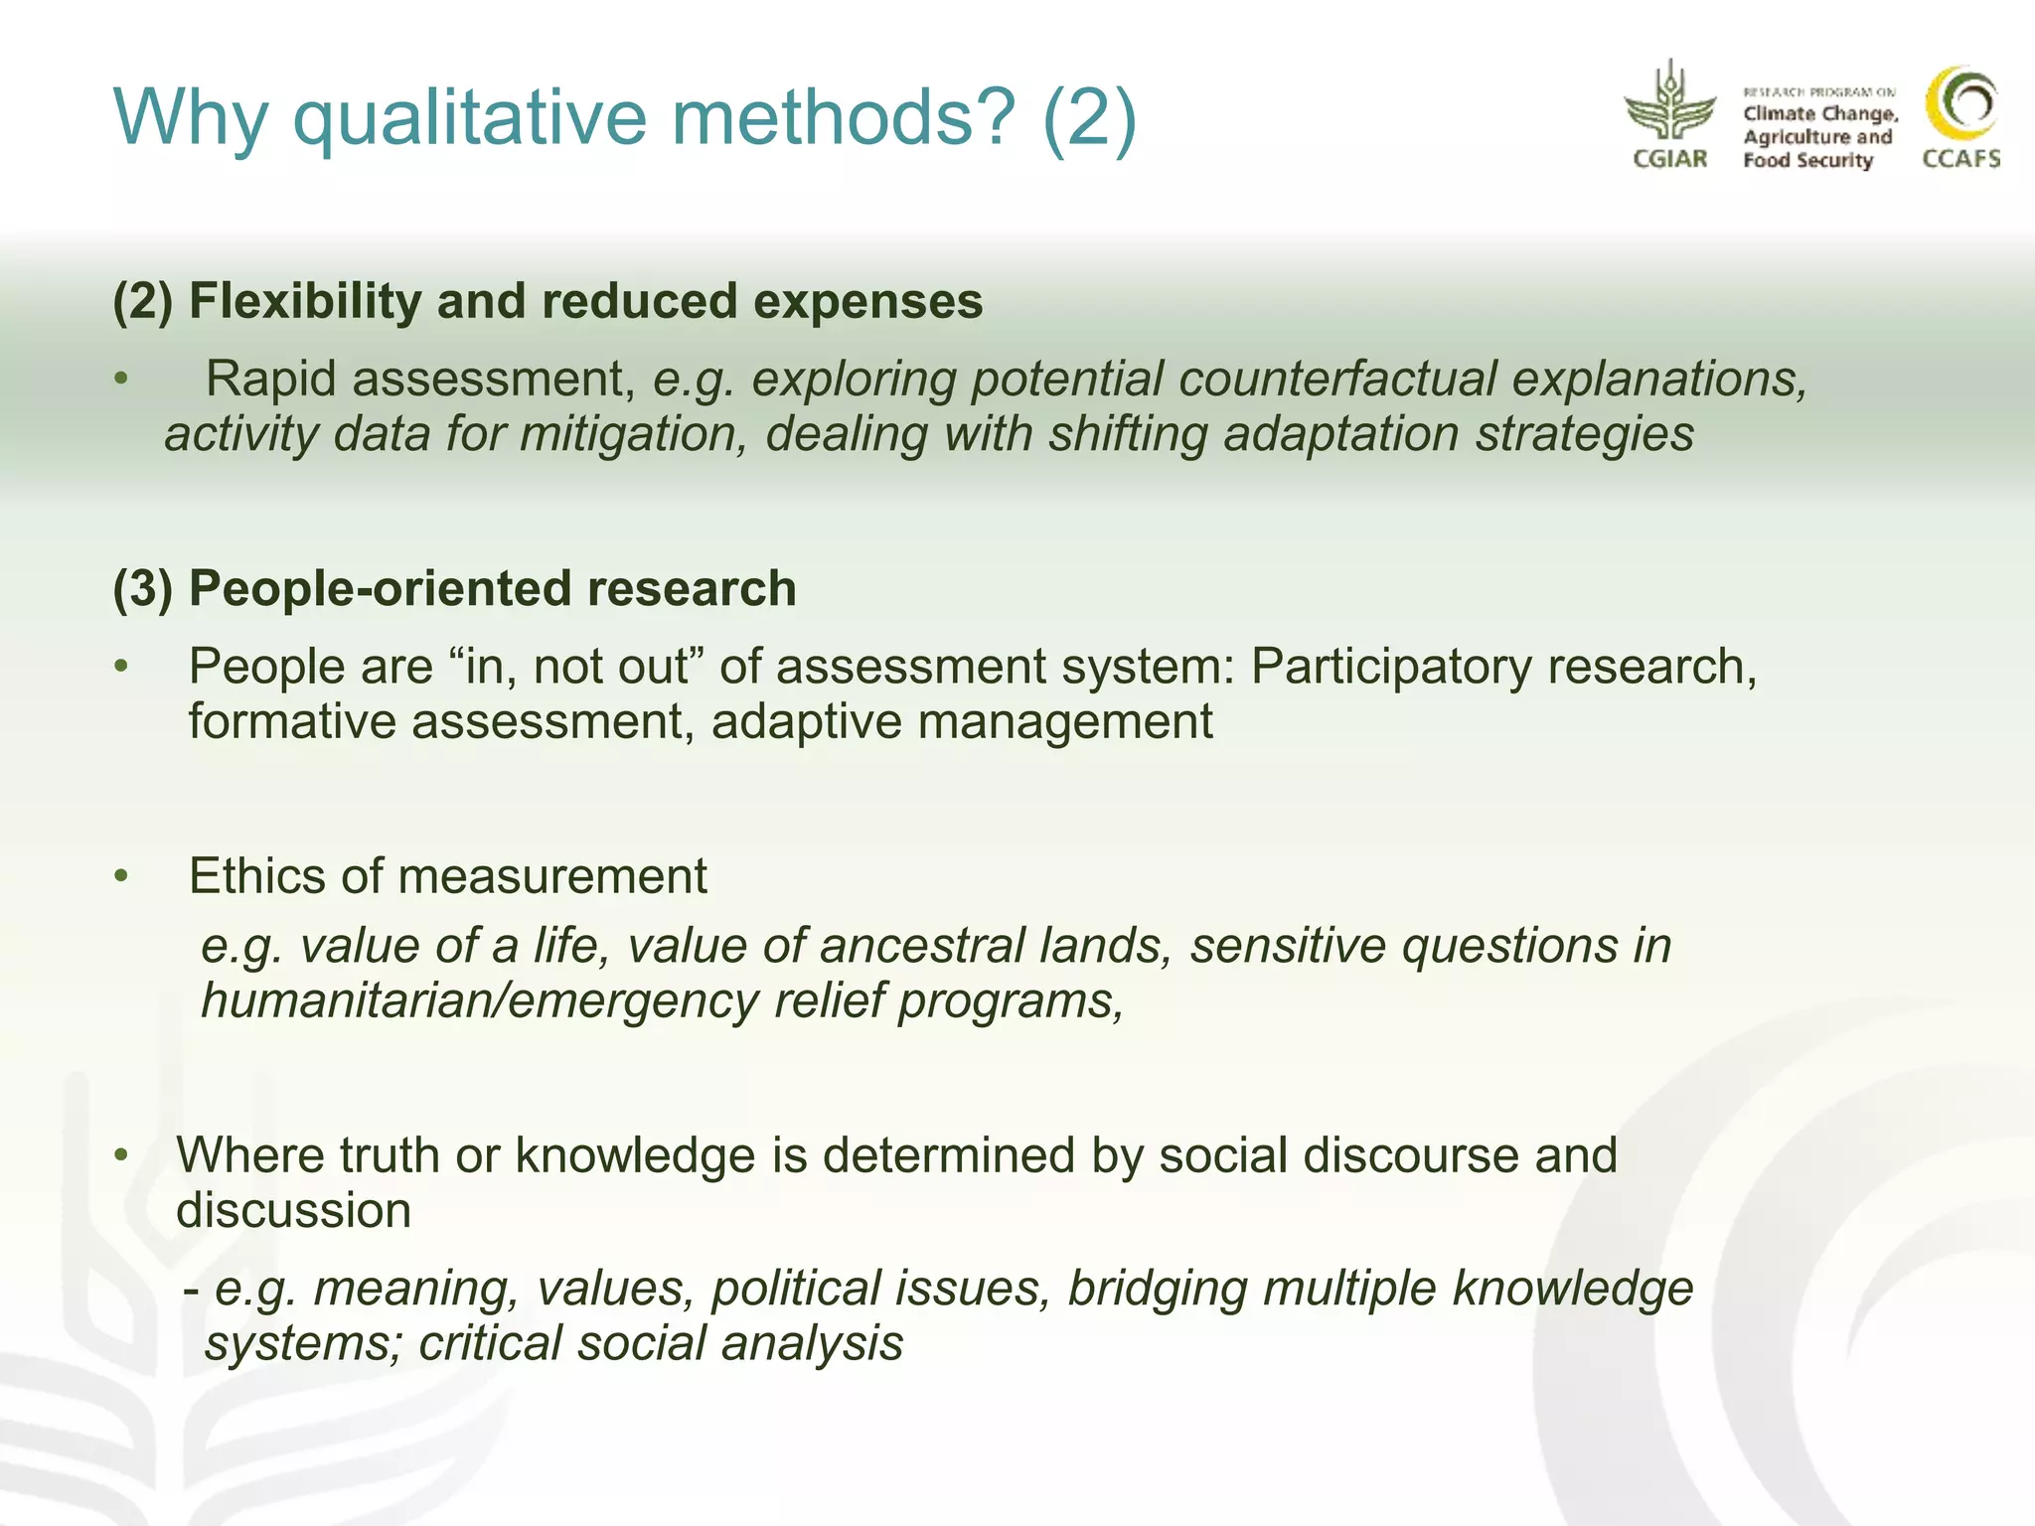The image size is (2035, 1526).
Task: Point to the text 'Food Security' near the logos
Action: point(1807,160)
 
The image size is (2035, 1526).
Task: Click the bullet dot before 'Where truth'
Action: point(121,1155)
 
